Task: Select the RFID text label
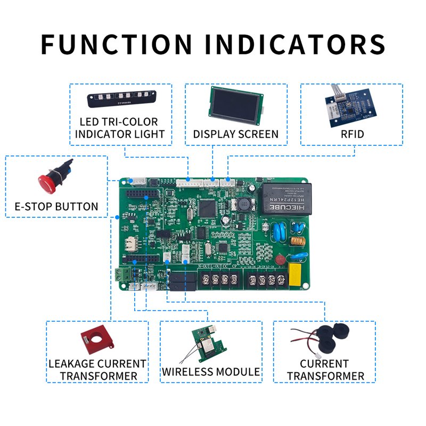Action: point(353,134)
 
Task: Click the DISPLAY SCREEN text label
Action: point(235,134)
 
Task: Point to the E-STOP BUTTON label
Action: point(56,207)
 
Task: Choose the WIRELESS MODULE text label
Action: point(211,372)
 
